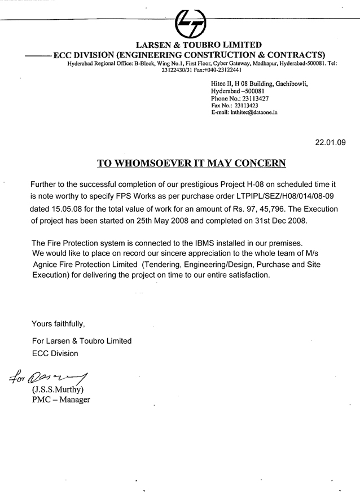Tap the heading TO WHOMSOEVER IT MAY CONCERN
(191, 163)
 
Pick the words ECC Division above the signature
(55, 353)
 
